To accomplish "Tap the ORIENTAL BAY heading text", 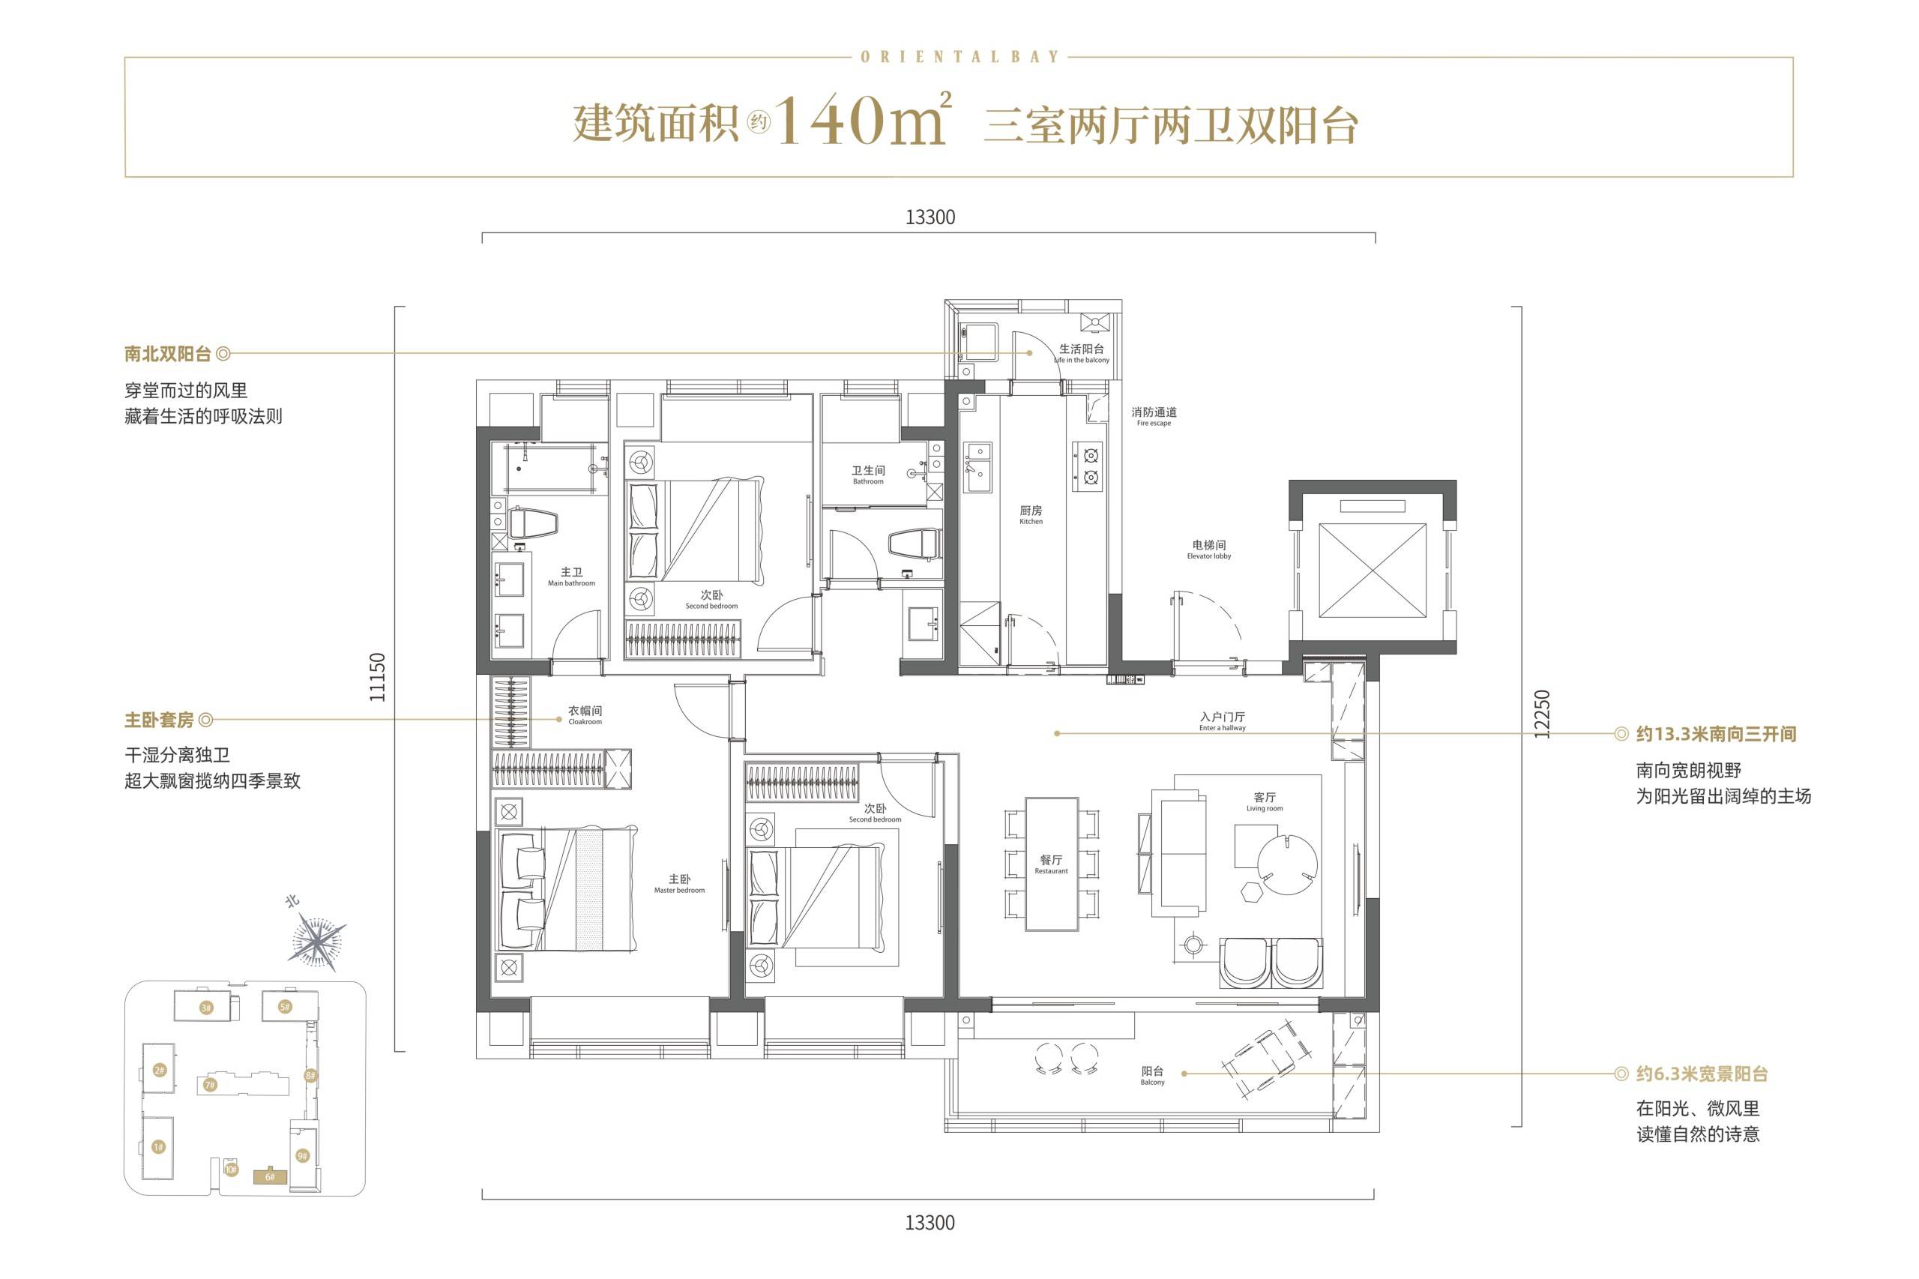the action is point(959,57).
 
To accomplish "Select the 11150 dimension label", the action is point(377,677).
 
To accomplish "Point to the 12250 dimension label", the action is point(1540,714).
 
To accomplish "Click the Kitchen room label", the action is point(1031,516).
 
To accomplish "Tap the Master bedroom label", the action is point(679,884).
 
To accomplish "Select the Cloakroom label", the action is point(585,716).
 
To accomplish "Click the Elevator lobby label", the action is point(1208,550).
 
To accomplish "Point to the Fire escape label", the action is point(1154,417).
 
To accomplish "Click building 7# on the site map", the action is point(210,1085).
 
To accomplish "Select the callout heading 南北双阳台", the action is point(168,354).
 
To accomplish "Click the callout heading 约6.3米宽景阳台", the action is point(1702,1074).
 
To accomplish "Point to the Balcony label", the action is point(1152,1076).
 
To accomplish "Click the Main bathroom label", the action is point(572,577).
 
